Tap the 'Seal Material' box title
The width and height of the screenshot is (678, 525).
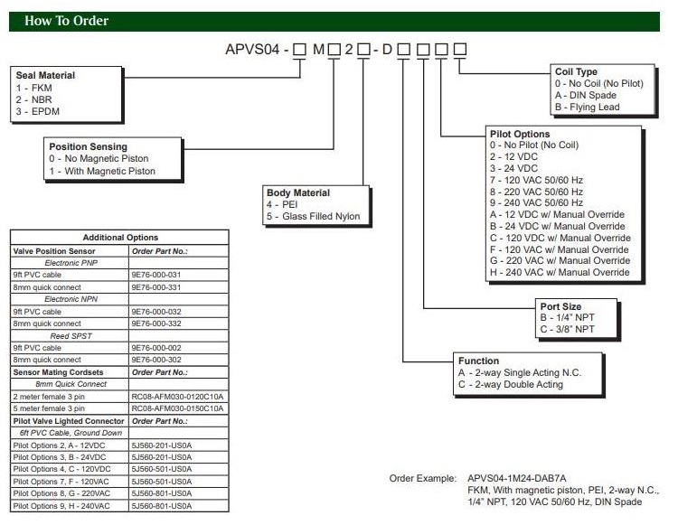(45, 75)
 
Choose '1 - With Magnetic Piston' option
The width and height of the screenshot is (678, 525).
(102, 171)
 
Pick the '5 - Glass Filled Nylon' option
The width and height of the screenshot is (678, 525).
(313, 216)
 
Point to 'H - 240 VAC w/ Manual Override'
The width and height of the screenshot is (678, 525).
(559, 273)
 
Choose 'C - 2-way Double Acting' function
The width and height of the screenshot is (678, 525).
(510, 384)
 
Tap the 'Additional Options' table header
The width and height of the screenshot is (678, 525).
(119, 236)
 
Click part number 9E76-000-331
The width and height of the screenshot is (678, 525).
(156, 286)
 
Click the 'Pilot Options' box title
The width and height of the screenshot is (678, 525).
(519, 134)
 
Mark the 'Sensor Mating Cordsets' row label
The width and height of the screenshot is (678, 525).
(57, 371)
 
